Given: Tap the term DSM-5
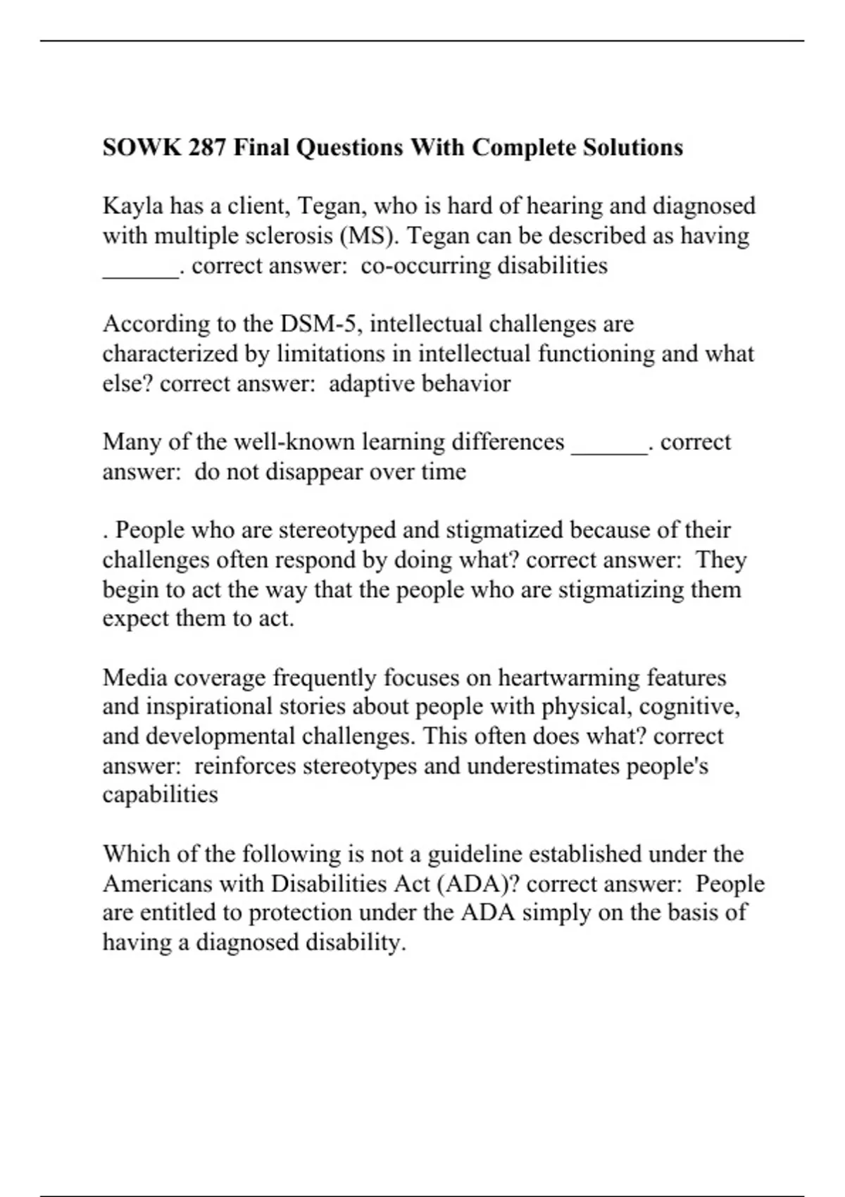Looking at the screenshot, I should click(320, 324).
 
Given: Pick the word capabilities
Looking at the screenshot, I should click(160, 795).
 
